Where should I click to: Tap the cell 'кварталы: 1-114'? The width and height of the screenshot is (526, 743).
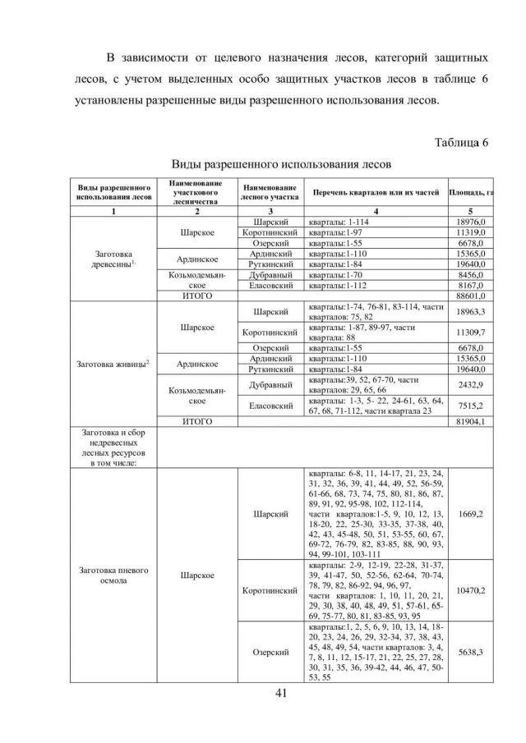pyautogui.click(x=337, y=222)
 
